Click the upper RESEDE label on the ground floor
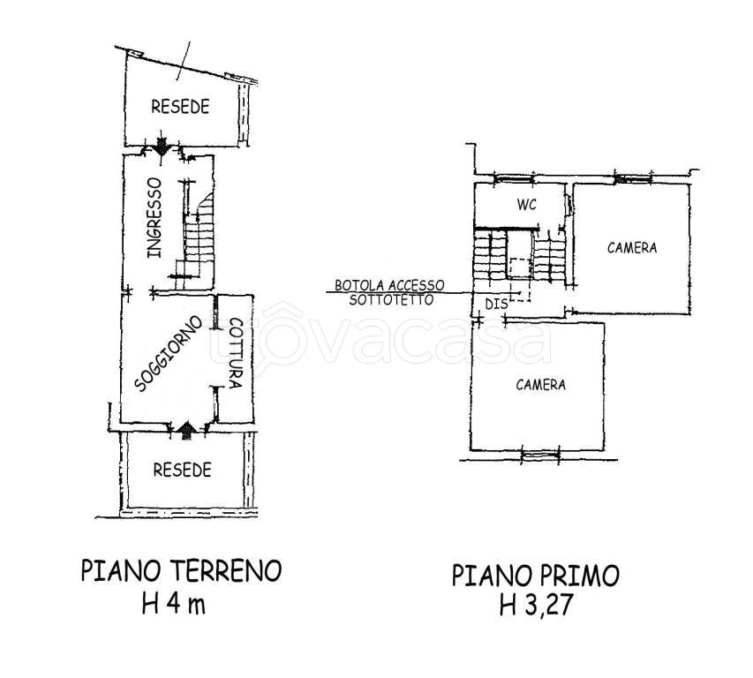click(180, 107)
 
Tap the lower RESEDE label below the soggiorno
click(182, 470)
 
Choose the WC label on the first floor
click(527, 205)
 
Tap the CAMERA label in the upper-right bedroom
click(631, 247)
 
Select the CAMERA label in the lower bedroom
click(540, 385)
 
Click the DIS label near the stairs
click(496, 304)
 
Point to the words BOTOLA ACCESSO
click(388, 286)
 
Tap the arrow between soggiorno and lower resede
click(185, 429)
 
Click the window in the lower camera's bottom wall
click(539, 456)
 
